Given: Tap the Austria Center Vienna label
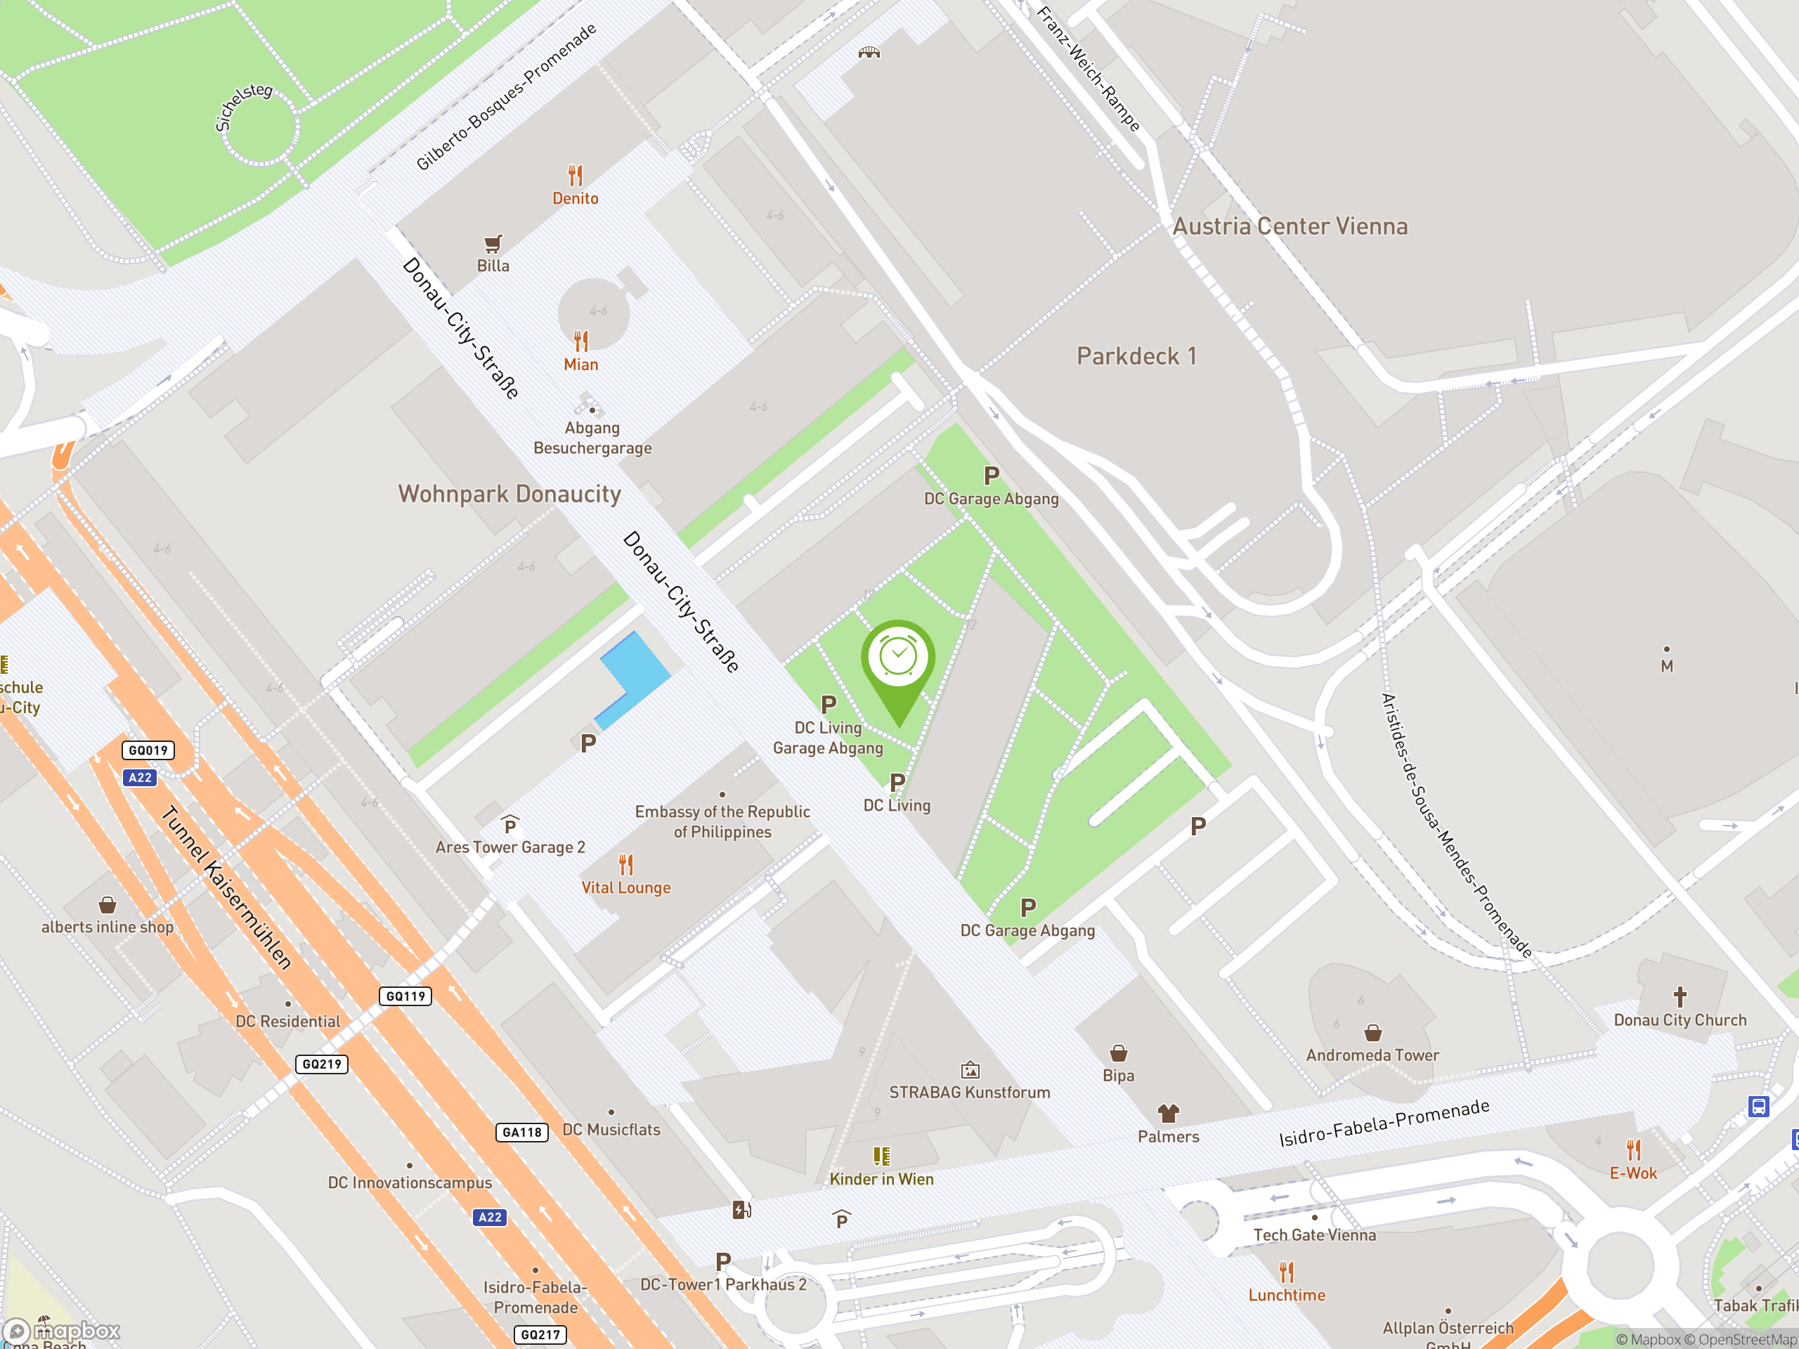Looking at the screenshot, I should pos(1290,226).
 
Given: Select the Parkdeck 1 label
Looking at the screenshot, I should pos(1136,356).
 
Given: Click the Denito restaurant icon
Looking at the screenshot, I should pos(576,175).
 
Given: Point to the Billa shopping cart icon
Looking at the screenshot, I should pos(493,243).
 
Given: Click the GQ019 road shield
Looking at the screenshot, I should pos(148,750).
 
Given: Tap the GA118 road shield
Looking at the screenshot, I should pos(521,1132).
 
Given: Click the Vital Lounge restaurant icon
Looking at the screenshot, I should pos(625,864).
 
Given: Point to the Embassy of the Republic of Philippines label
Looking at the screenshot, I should pos(722,821).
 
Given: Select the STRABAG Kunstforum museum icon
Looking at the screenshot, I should pos(970,1070).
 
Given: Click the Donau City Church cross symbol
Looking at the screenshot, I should pos(1680,996).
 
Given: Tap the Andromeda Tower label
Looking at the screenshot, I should pos(1372,1055).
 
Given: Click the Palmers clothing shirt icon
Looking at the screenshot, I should pos(1168,1112).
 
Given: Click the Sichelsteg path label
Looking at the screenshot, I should pos(242,107).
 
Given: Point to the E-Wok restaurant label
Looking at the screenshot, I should pos(1633,1173).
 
